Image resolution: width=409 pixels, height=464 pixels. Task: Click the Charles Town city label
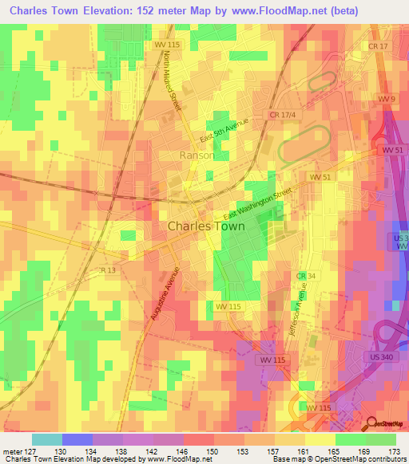tap(206, 226)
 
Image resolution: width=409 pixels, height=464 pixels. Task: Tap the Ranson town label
tap(197, 155)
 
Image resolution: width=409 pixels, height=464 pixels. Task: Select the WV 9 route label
tap(388, 98)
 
